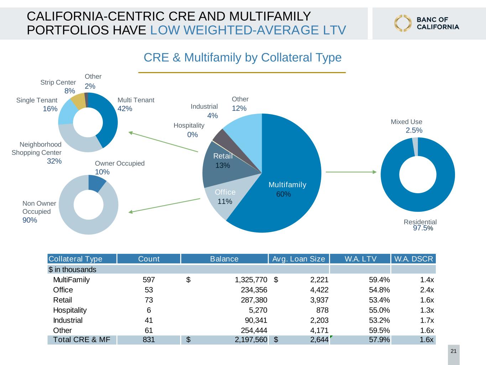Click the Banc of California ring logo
pos(403,23)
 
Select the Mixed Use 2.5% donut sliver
pos(415,146)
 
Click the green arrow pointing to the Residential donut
pos(351,172)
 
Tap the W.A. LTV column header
pos(360,259)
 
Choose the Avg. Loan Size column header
pos(299,259)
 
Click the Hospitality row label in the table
pos(70,310)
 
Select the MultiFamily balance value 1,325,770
pos(251,280)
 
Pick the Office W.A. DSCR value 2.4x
pos(427,290)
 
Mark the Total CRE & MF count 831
pos(149,340)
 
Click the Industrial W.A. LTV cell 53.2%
pos(379,320)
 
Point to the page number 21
pos(454,351)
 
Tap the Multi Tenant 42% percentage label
pos(125,109)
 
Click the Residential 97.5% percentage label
pos(423,228)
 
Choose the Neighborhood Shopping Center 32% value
pos(54,161)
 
